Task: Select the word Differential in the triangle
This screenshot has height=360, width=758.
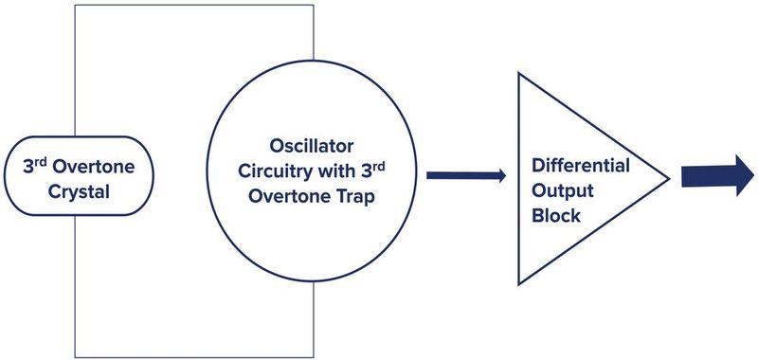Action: click(x=580, y=165)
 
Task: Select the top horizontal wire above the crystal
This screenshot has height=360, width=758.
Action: click(x=189, y=5)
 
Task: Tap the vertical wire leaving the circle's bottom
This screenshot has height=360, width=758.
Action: click(x=312, y=322)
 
